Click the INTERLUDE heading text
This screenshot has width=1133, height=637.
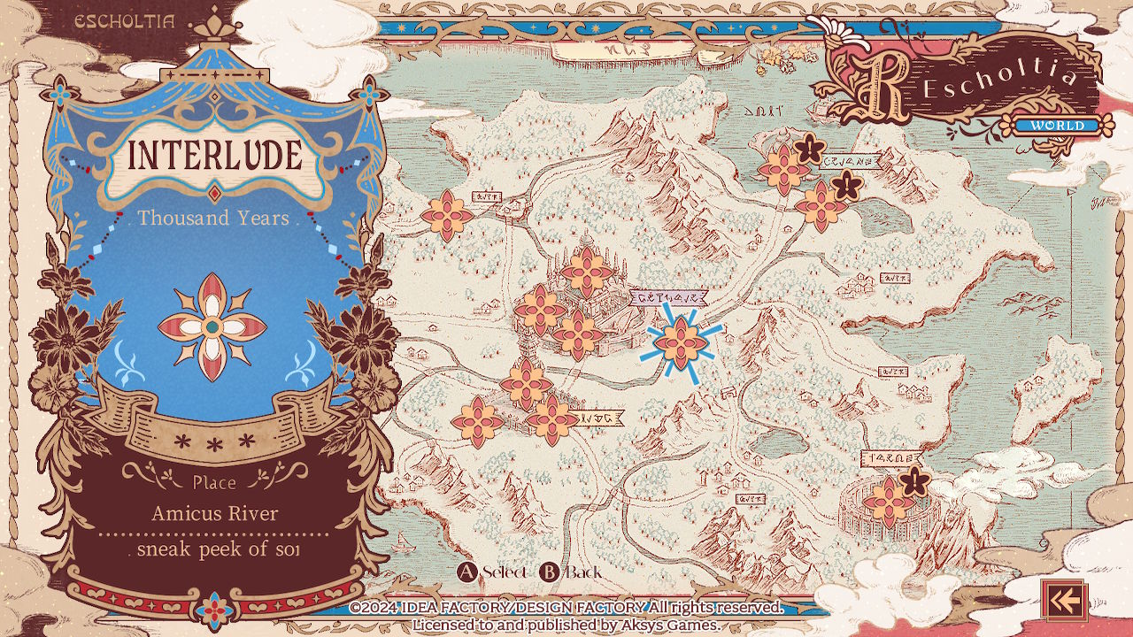click(215, 156)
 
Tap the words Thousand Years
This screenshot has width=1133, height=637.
click(213, 218)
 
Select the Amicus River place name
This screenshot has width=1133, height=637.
click(215, 513)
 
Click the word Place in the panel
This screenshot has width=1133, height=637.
click(214, 482)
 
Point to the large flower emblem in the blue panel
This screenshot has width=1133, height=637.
click(212, 326)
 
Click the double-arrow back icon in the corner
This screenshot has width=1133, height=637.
click(1063, 602)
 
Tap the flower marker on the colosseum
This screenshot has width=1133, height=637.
click(888, 503)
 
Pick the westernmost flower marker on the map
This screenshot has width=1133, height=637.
click(446, 215)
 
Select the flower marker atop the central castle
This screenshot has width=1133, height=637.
click(586, 272)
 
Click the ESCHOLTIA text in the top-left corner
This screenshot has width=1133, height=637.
click(125, 22)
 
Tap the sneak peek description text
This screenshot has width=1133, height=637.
click(217, 549)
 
